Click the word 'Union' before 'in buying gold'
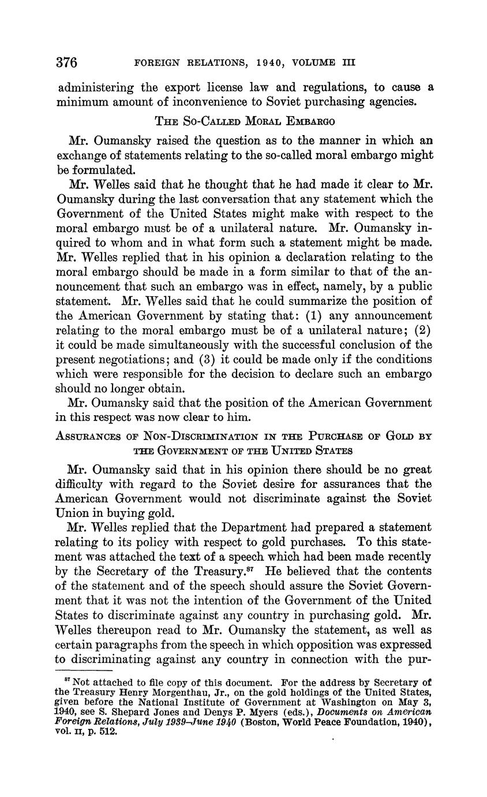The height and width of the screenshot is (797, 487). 75,512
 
